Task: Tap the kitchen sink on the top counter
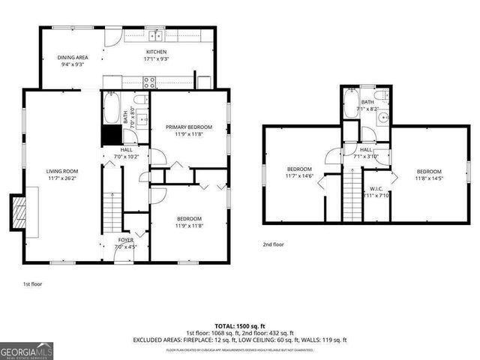coord(156,35)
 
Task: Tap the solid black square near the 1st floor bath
coord(112,134)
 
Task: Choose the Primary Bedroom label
coord(189,127)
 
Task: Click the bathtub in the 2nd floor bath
coord(352,106)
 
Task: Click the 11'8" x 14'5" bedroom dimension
coord(429,178)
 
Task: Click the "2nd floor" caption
coord(273,244)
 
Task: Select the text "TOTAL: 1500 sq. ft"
coord(240,325)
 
